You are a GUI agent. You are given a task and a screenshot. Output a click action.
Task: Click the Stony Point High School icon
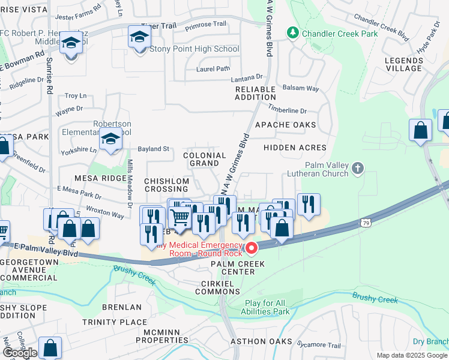pos(139,38)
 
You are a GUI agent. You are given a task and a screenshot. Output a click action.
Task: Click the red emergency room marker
pos(252,247)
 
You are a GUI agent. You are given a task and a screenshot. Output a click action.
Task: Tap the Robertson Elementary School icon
pos(110,140)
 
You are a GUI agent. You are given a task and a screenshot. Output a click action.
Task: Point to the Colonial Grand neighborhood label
pos(204,159)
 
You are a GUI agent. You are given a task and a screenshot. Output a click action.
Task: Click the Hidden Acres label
pos(295,148)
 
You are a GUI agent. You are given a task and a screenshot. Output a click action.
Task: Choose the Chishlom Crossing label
pos(167,185)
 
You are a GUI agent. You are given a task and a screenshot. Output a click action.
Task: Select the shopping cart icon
pos(180,218)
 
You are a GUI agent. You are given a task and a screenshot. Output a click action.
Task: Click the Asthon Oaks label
pos(262,341)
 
